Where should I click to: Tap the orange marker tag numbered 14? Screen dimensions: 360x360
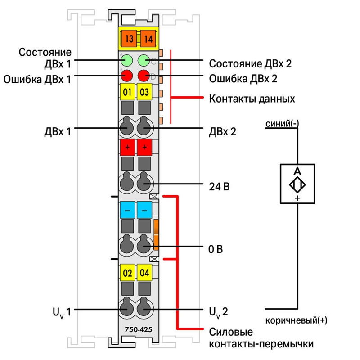click(148, 39)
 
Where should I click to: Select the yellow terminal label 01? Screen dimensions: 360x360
click(127, 92)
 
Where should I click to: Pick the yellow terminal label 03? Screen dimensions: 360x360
click(144, 92)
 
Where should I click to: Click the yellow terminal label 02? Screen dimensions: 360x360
click(127, 273)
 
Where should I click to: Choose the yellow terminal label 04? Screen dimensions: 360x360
click(144, 273)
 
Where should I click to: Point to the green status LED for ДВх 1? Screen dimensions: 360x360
click(126, 61)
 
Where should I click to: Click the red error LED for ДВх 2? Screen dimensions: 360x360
click(144, 76)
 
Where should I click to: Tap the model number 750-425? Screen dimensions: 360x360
click(139, 330)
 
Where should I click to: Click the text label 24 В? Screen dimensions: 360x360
click(219, 187)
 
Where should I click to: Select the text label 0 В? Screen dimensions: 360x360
click(216, 249)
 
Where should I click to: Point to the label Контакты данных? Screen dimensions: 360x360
click(252, 99)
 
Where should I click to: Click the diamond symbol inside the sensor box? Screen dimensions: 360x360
click(297, 184)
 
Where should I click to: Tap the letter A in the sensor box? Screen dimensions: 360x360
click(297, 171)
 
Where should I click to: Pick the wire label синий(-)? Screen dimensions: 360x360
click(282, 124)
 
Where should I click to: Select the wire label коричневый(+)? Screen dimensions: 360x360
click(297, 320)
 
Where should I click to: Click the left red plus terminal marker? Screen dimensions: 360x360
click(127, 147)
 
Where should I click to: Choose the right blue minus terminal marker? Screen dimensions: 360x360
click(144, 210)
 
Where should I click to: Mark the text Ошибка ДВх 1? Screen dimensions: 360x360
click(37, 80)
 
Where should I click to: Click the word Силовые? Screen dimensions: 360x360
click(231, 332)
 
